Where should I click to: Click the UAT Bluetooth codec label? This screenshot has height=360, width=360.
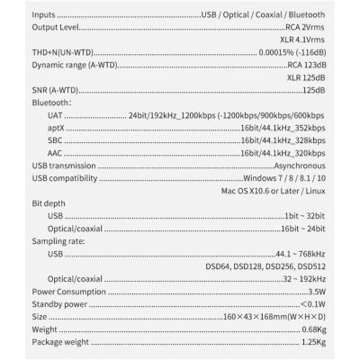point(56,129)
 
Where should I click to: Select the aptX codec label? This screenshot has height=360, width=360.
point(57,141)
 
